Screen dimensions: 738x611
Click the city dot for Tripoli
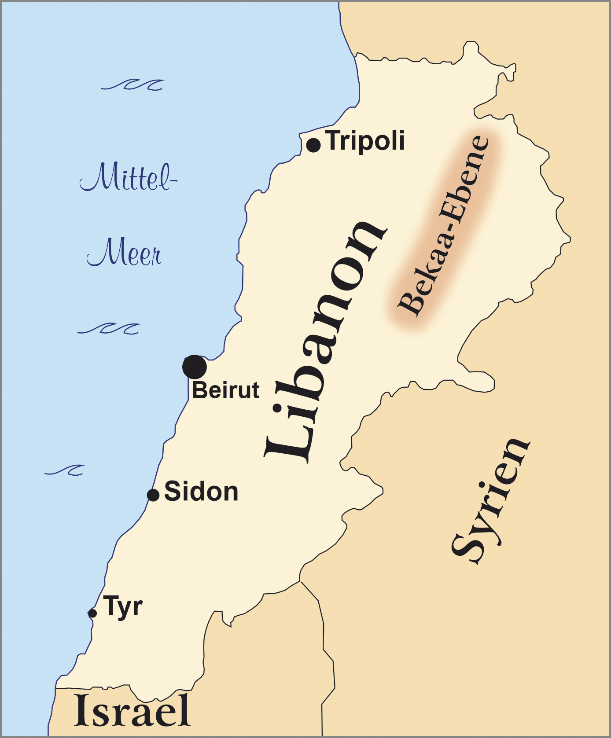click(x=313, y=145)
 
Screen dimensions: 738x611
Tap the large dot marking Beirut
click(x=195, y=367)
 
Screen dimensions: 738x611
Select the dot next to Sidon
click(x=153, y=495)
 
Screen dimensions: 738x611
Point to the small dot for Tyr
click(x=92, y=613)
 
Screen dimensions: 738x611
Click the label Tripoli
click(x=366, y=141)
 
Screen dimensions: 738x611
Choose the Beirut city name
click(x=226, y=390)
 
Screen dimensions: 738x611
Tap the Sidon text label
click(x=201, y=492)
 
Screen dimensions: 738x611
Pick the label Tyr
click(x=123, y=607)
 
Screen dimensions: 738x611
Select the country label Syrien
click(x=491, y=502)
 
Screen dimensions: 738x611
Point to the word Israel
click(x=132, y=710)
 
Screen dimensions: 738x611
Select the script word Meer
click(x=124, y=253)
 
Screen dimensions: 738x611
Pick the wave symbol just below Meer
click(x=109, y=328)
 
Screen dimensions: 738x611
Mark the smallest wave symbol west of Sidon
click(x=65, y=470)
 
